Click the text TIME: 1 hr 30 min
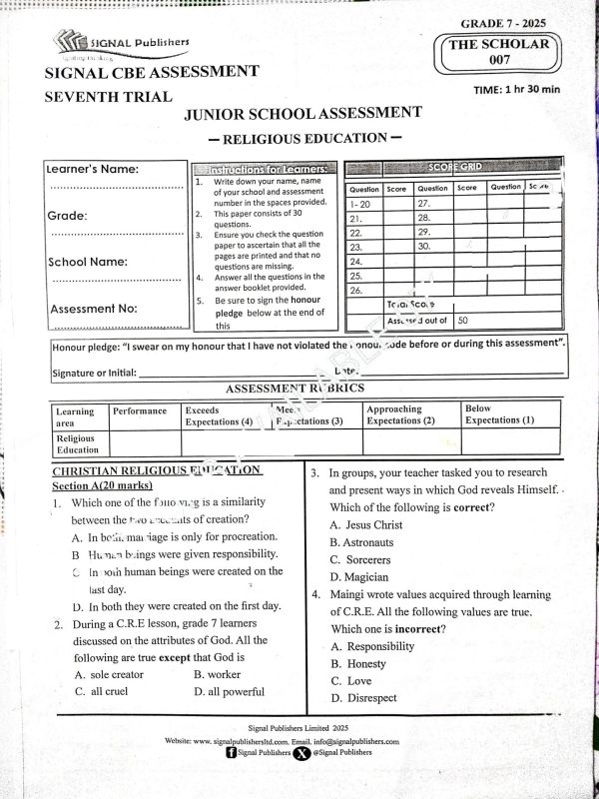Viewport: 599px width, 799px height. pyautogui.click(x=517, y=90)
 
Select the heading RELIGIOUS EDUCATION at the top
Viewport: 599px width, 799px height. pyautogui.click(x=304, y=138)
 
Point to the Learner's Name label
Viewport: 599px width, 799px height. pyautogui.click(x=93, y=170)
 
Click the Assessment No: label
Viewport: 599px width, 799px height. pyautogui.click(x=94, y=309)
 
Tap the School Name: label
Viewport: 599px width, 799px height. pyautogui.click(x=88, y=263)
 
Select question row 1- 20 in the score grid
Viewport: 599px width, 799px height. pyautogui.click(x=361, y=203)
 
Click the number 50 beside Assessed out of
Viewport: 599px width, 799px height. pyautogui.click(x=463, y=321)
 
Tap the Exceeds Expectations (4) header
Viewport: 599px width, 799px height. pyautogui.click(x=219, y=415)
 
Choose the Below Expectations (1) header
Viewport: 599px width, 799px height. pyautogui.click(x=499, y=414)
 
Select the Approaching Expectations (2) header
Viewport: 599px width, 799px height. pyautogui.click(x=401, y=414)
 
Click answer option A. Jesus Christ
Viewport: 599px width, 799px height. pyautogui.click(x=366, y=525)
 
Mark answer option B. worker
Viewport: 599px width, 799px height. pyautogui.click(x=218, y=675)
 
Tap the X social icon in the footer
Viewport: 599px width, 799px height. pyautogui.click(x=300, y=754)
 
